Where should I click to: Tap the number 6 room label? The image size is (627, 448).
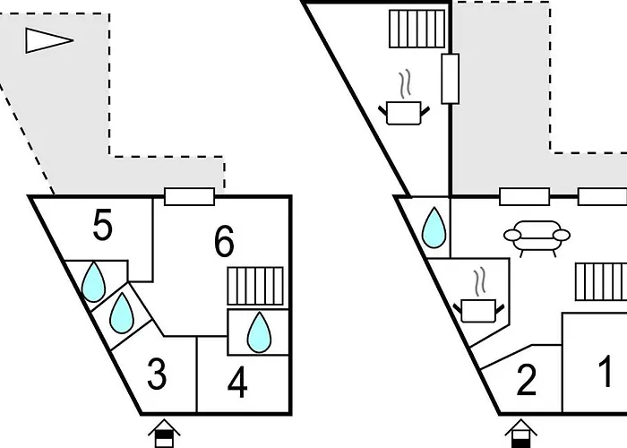[224, 240]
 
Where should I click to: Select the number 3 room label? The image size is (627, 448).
[157, 375]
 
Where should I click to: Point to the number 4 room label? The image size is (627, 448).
[237, 383]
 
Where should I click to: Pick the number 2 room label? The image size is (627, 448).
[527, 381]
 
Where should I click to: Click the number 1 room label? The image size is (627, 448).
[606, 371]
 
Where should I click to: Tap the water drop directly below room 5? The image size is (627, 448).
[93, 284]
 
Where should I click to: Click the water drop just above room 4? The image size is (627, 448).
[259, 332]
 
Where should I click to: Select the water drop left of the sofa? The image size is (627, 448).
[434, 228]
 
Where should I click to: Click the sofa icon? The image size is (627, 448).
[537, 237]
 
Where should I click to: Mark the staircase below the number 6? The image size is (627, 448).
[255, 288]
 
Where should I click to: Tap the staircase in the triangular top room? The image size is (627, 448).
[417, 29]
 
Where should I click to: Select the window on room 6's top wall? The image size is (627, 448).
[190, 197]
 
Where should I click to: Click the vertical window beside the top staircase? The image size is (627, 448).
[451, 79]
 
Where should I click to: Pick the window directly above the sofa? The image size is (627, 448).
[524, 197]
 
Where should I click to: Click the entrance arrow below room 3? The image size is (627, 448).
[163, 433]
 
